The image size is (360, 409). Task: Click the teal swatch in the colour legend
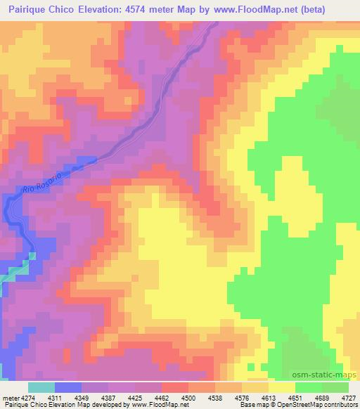tap(41, 388)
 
